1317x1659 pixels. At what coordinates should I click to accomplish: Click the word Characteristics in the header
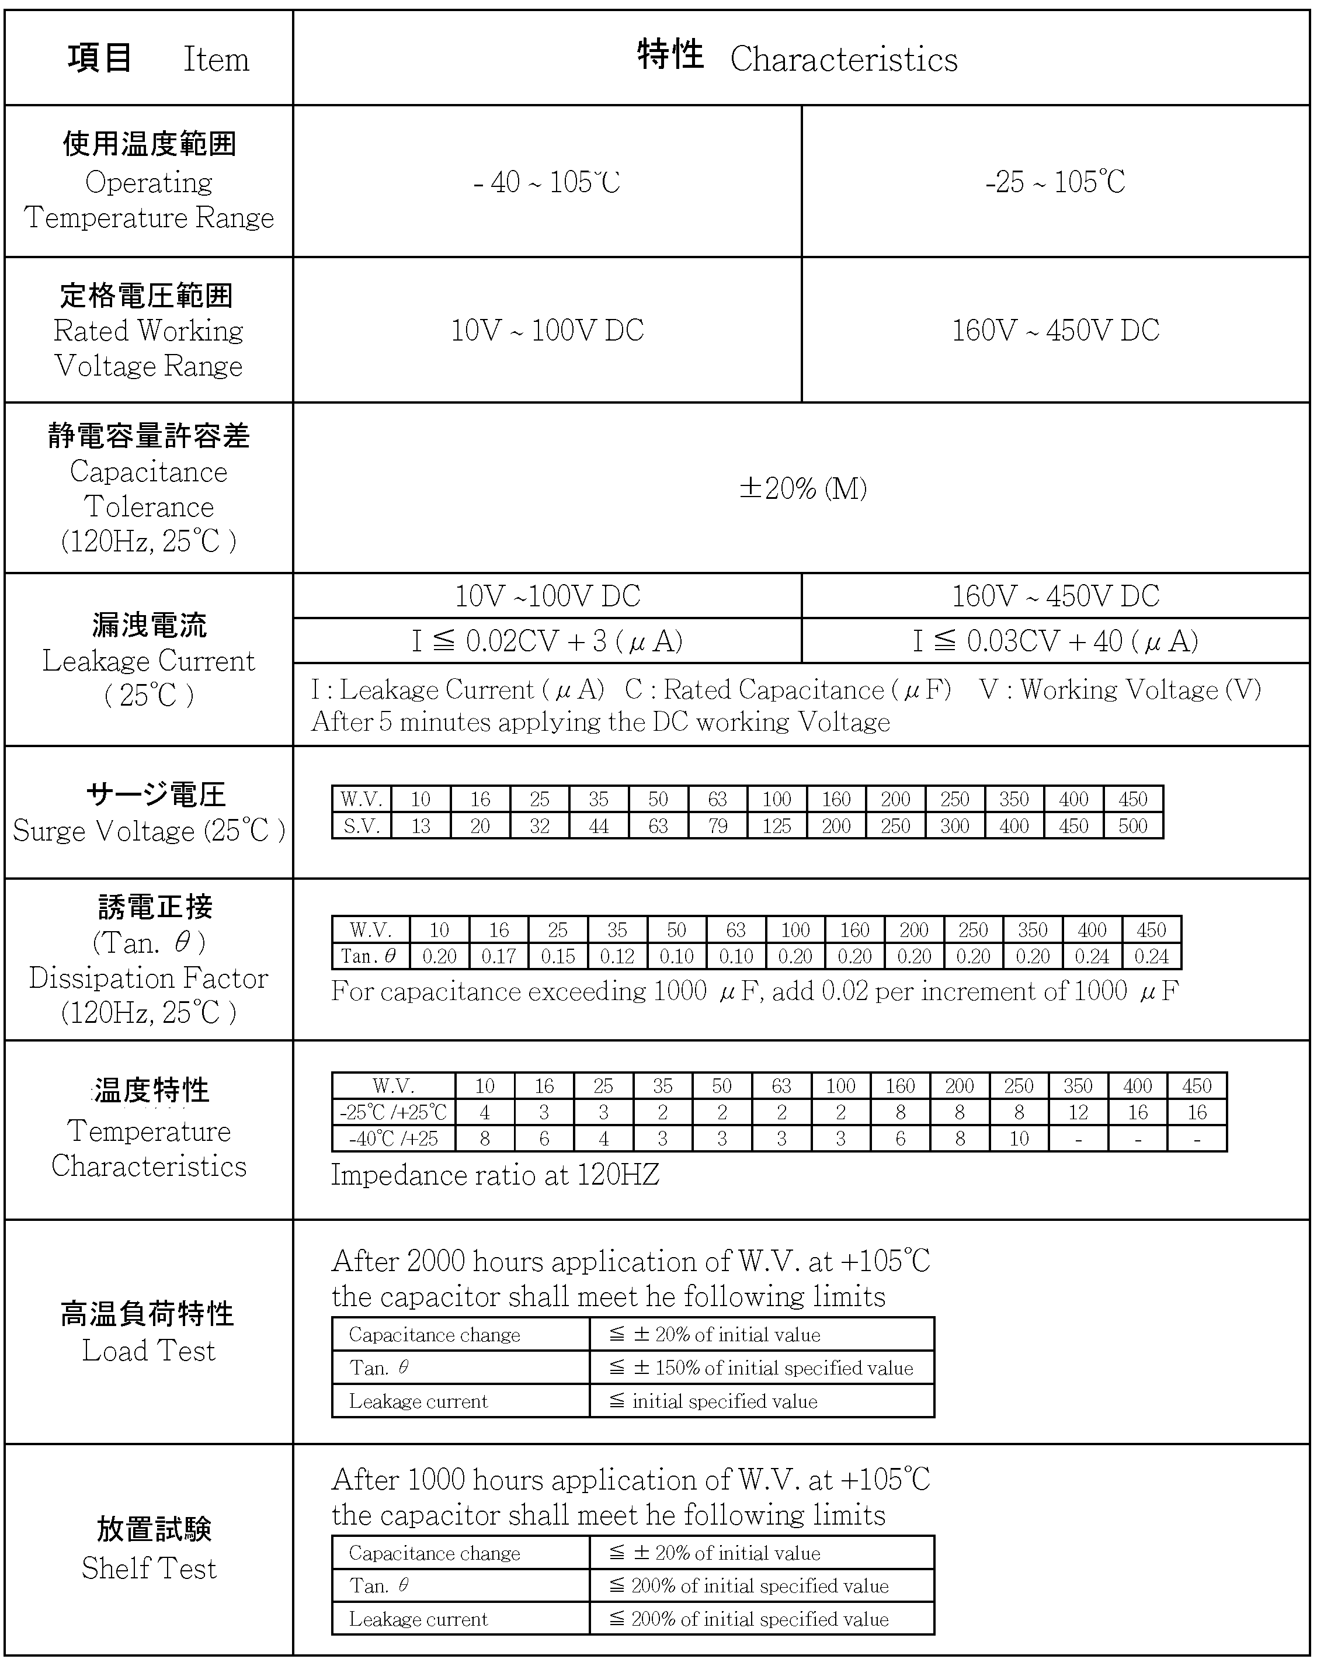click(x=843, y=59)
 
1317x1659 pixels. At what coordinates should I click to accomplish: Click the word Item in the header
click(x=216, y=59)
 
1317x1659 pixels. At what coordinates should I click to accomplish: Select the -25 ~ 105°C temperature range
click(x=1055, y=182)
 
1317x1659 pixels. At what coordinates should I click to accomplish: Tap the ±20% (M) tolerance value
click(x=802, y=488)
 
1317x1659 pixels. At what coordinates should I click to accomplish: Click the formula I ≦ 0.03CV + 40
click(x=1055, y=641)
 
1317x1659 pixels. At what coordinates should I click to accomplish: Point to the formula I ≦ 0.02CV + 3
click(x=547, y=641)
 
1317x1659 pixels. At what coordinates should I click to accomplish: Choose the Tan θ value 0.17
click(x=499, y=956)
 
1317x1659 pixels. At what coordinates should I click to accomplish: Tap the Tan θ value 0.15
click(x=558, y=956)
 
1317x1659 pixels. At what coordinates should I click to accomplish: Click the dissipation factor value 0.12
click(x=617, y=956)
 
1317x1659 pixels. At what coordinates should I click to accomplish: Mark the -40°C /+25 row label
click(x=393, y=1138)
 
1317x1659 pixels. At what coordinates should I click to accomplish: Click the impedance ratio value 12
click(x=1078, y=1112)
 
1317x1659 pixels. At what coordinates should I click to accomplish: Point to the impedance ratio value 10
click(x=1019, y=1138)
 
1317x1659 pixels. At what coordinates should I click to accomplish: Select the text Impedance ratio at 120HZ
click(x=495, y=1175)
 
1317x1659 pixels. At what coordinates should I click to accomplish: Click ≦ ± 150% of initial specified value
click(x=761, y=1368)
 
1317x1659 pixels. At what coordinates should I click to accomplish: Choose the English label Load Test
click(x=150, y=1351)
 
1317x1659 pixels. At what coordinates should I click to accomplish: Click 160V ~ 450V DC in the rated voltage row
click(x=1055, y=330)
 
